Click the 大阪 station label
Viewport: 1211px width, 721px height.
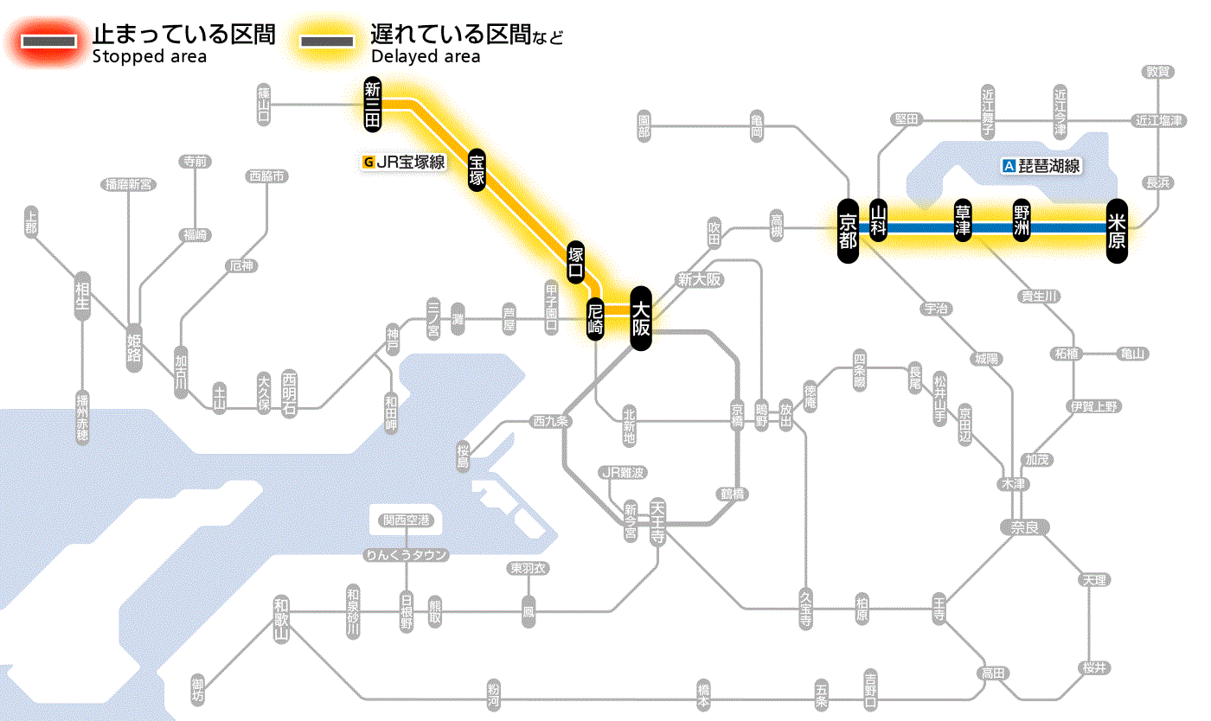640,318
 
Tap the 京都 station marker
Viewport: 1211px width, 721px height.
848,229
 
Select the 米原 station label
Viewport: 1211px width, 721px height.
1117,229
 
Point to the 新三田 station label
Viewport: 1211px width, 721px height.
373,104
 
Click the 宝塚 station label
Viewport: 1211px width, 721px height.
477,169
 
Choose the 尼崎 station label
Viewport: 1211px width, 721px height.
595,317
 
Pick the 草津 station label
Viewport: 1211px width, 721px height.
962,220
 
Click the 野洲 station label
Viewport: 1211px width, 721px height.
1022,220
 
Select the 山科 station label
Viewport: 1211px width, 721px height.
879,220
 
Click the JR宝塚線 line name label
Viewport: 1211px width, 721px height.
405,161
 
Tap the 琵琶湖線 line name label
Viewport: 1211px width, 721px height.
1042,166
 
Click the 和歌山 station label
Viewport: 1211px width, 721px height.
280,620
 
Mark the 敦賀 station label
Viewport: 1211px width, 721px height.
1158,72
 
